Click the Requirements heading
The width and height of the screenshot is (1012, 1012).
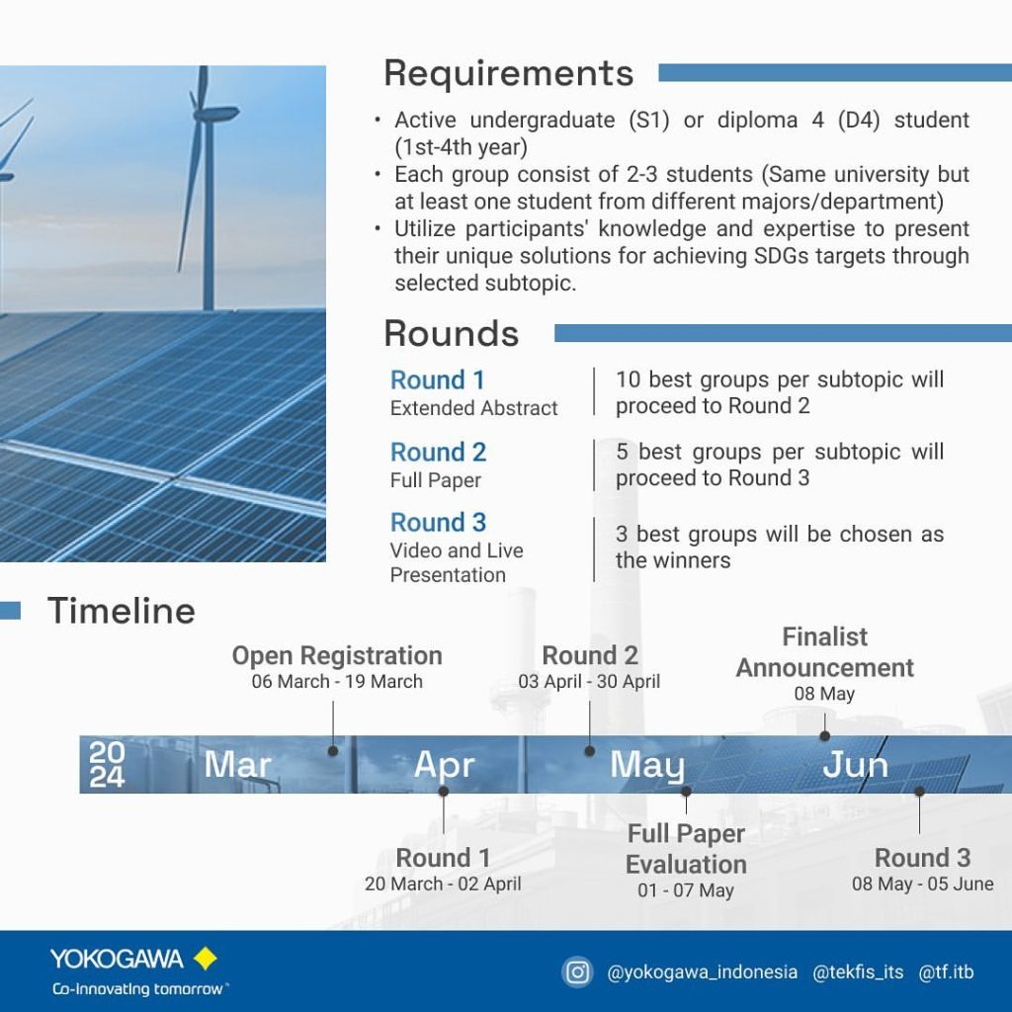509,73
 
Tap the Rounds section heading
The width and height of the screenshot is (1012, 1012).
451,334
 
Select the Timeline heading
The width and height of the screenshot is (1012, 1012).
122,611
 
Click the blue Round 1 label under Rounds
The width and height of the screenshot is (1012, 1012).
437,380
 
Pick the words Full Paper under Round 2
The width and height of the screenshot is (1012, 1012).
436,480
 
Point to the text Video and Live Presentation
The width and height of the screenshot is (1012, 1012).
457,562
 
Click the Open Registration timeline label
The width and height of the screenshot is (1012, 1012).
337,656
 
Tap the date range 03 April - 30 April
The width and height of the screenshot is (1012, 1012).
589,682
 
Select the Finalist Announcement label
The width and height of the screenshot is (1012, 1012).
825,652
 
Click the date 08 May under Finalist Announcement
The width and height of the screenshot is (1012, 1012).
824,694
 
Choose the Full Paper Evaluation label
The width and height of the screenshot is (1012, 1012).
686,849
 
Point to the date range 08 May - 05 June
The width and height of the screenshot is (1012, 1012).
922,885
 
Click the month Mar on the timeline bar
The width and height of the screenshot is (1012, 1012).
237,765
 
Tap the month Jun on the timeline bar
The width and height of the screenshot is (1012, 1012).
855,765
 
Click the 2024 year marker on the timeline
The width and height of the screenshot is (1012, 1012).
107,765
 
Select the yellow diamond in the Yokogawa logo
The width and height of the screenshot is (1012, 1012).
206,959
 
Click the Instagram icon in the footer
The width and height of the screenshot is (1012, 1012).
577,972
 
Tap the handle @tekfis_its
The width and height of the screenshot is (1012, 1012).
858,972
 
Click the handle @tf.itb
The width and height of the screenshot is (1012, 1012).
946,972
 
